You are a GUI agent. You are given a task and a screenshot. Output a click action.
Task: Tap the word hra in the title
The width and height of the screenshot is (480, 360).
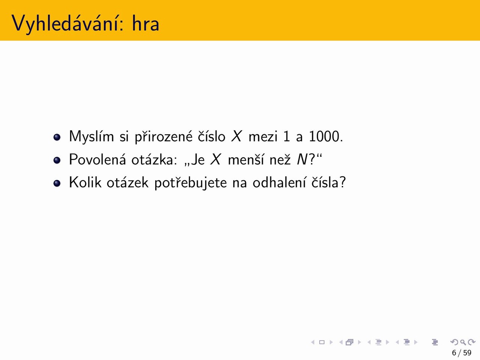(x=145, y=23)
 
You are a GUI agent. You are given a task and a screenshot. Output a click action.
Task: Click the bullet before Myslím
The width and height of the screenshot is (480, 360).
(x=57, y=137)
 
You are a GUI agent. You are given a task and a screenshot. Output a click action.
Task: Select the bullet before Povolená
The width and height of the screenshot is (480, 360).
(x=57, y=160)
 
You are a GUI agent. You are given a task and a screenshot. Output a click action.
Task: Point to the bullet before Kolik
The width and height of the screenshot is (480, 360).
(x=57, y=183)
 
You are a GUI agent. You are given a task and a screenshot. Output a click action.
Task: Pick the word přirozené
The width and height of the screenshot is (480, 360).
(x=163, y=137)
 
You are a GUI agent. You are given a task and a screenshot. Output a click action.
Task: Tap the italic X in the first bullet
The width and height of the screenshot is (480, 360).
(x=237, y=136)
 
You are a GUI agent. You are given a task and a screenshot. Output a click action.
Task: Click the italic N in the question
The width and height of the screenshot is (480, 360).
(x=302, y=159)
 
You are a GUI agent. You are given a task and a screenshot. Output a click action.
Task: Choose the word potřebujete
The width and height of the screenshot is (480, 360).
(x=191, y=183)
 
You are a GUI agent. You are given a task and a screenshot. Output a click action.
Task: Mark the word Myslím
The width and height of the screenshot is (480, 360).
(x=91, y=137)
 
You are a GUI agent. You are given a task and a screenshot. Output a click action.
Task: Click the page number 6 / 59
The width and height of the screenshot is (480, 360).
(x=461, y=353)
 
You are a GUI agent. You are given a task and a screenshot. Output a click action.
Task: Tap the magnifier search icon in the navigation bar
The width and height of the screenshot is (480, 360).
(x=463, y=342)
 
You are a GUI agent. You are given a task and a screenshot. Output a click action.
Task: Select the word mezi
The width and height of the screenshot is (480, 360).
(x=263, y=136)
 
